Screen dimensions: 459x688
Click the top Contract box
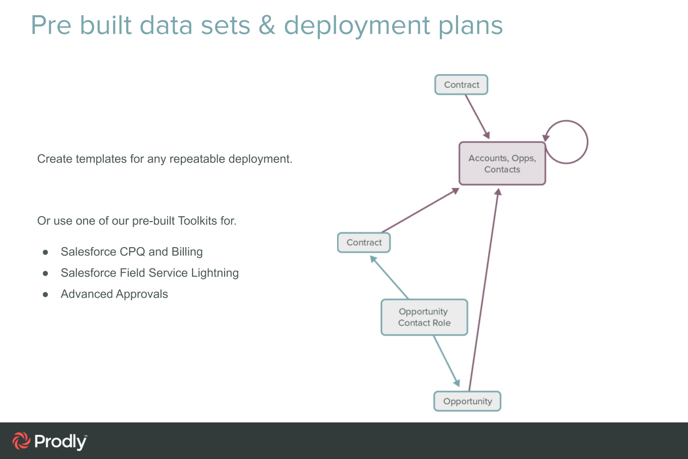[x=461, y=85]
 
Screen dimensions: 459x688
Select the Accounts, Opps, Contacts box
[x=502, y=164]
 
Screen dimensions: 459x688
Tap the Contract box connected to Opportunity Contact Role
[x=364, y=242]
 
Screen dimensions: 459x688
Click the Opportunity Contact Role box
[x=424, y=317]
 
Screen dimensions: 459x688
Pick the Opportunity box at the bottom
[x=467, y=401]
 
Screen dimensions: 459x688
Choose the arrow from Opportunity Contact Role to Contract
[x=390, y=277]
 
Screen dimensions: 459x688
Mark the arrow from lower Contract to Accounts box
[x=420, y=210]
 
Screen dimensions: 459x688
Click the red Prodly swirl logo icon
[x=21, y=441]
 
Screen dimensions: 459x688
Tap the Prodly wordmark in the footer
[x=60, y=442]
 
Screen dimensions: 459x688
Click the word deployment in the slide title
[x=357, y=26]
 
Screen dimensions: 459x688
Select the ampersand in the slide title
[x=267, y=25]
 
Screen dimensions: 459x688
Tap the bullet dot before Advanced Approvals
[x=45, y=294]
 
